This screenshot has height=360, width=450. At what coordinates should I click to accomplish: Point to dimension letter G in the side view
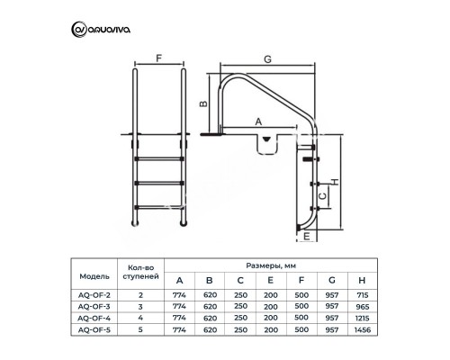(269, 59)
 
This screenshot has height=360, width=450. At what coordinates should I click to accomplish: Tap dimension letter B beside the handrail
(204, 104)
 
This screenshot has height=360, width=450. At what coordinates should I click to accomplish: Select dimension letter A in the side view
(258, 120)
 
